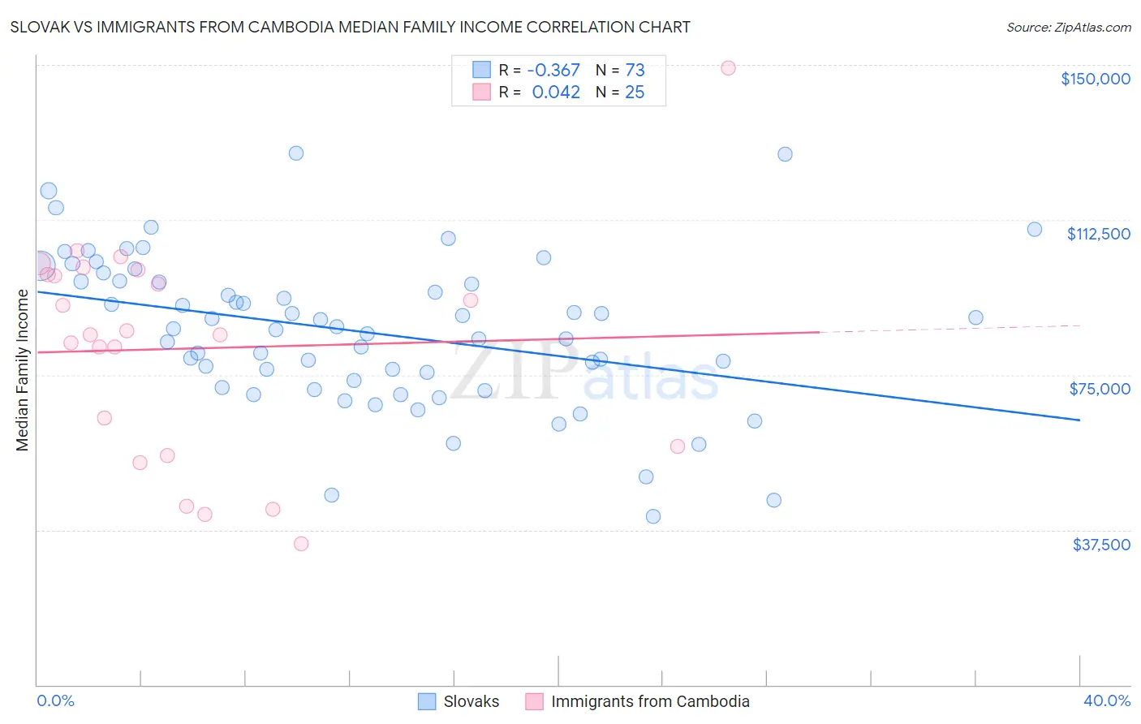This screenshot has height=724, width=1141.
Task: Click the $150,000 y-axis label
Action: tap(1095, 79)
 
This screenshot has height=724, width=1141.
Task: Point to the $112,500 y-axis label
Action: tap(1098, 234)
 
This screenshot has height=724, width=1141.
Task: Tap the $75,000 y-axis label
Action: tap(1100, 389)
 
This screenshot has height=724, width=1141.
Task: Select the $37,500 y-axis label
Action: tap(1101, 545)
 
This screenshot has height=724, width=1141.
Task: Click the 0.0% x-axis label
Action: tap(55, 701)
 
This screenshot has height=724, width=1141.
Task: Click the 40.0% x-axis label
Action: tap(1107, 701)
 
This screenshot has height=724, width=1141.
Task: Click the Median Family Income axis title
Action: tap(23, 370)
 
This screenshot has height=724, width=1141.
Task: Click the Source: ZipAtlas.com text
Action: tap(1068, 28)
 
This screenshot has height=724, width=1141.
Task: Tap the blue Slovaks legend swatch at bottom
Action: tap(427, 701)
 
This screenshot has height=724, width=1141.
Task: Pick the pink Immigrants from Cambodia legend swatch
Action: tap(534, 701)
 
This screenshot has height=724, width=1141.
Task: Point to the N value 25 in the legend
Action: tap(635, 93)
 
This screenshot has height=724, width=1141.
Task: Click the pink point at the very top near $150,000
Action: tap(728, 68)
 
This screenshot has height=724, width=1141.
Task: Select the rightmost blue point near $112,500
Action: tap(1035, 230)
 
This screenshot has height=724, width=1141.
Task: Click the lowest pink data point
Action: tap(301, 544)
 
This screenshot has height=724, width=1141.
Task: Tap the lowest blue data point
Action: tap(653, 516)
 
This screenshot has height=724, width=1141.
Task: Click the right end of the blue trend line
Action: tap(1079, 420)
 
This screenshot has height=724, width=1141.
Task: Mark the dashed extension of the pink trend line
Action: tap(949, 329)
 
